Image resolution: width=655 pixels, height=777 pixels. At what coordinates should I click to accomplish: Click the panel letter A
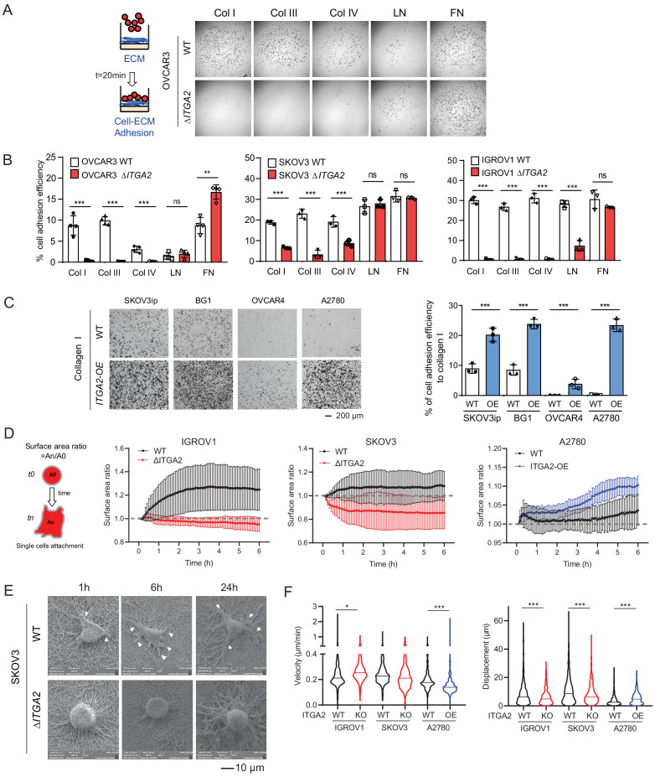(x=10, y=10)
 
